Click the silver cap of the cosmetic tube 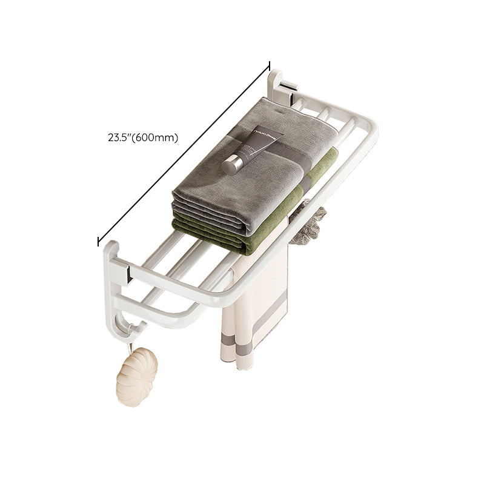coord(231,165)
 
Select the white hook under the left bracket coord(133,331)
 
